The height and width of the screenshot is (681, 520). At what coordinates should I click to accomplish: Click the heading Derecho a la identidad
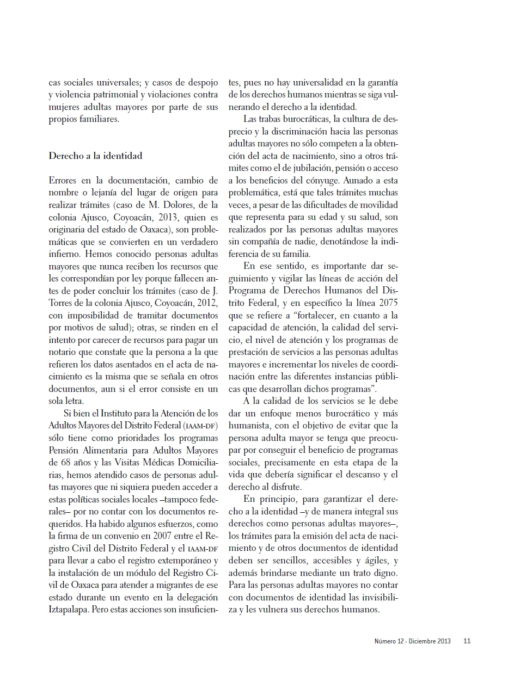tap(95, 156)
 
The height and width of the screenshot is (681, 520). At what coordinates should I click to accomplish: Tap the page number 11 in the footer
tap(467, 641)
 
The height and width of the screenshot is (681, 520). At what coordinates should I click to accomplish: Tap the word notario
tap(63, 352)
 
